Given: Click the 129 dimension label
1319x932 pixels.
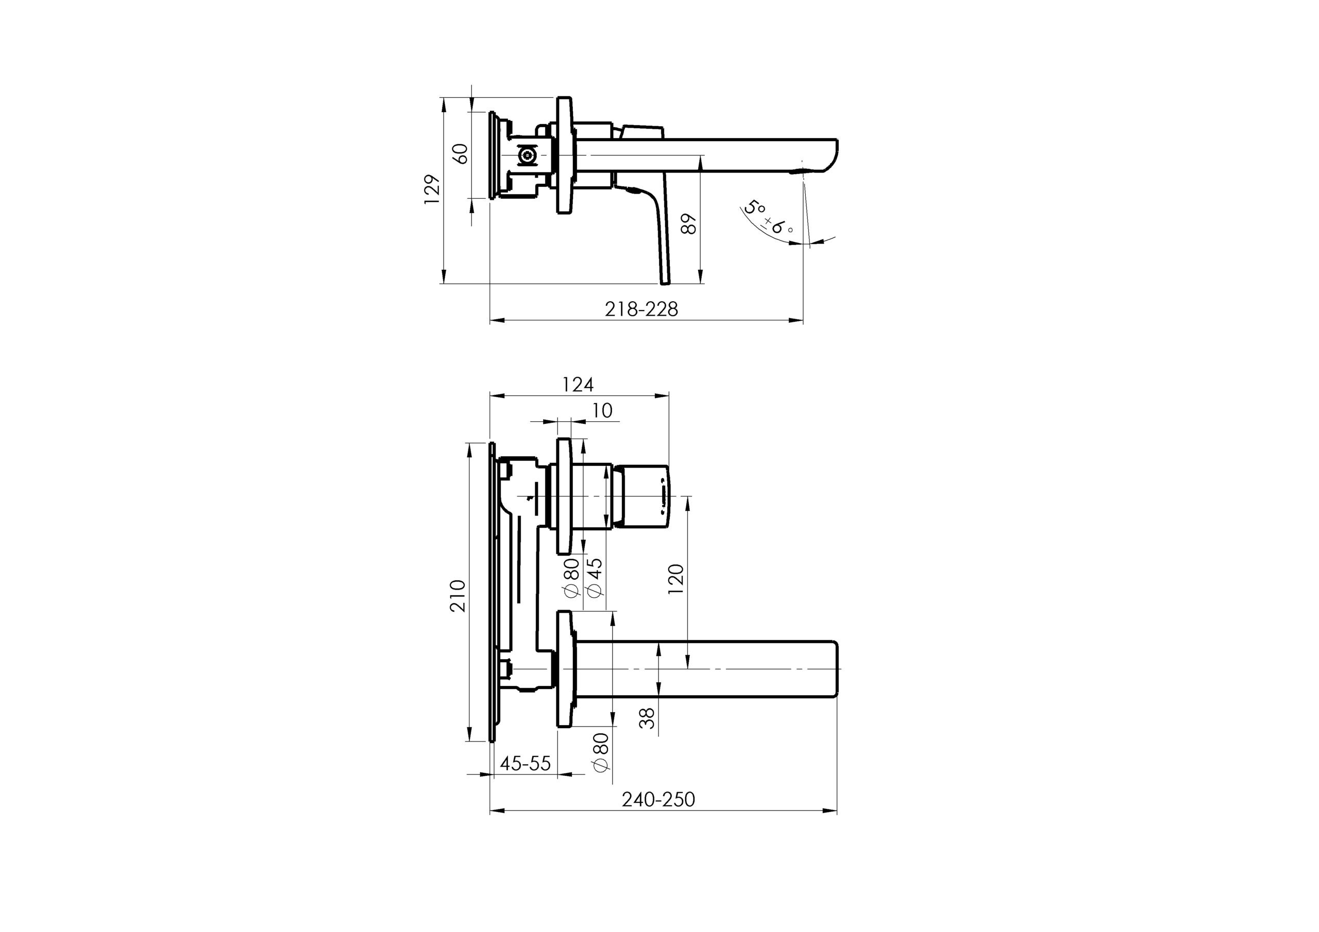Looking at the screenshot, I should [x=432, y=189].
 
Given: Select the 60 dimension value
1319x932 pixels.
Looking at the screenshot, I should [x=461, y=154].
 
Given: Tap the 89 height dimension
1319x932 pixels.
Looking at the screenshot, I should [x=689, y=224].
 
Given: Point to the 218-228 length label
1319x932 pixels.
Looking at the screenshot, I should [x=641, y=309].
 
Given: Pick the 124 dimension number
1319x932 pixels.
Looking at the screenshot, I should [x=578, y=384].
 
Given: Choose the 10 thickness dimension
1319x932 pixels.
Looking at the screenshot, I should [x=602, y=410].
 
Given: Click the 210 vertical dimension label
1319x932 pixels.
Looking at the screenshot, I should [x=458, y=595].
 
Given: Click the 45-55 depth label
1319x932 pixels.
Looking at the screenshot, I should [x=525, y=764].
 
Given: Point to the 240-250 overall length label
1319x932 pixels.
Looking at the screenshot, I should [x=658, y=799].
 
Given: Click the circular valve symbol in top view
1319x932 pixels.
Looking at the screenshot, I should [x=527, y=155].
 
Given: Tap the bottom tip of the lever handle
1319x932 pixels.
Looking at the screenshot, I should [x=665, y=281].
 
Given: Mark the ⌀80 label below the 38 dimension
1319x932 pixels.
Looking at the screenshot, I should [x=600, y=753].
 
